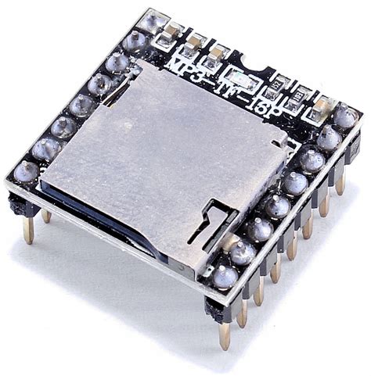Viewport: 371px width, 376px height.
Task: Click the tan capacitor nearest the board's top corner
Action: [x=173, y=32]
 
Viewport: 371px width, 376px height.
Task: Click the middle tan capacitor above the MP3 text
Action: [x=194, y=42]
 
